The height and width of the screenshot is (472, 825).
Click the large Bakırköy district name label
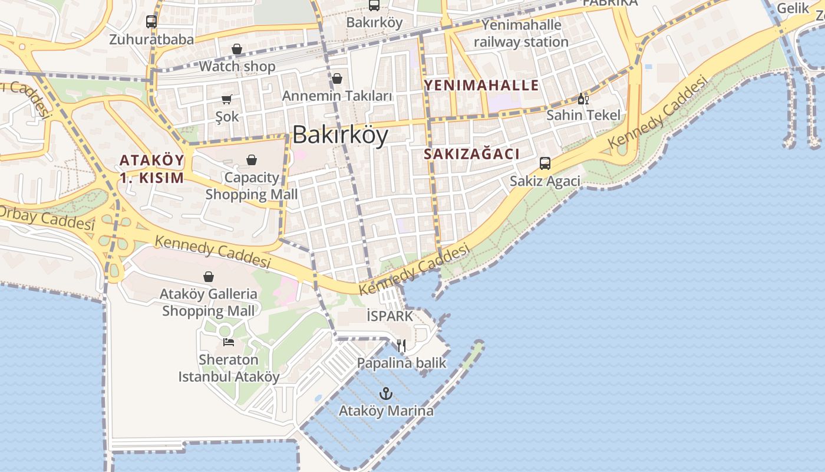340,135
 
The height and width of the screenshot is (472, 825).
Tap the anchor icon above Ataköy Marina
386,393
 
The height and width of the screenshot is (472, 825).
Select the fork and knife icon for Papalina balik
401,345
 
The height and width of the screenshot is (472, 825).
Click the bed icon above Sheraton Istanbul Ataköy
229,342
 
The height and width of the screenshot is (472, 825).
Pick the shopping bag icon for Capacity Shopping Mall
252,160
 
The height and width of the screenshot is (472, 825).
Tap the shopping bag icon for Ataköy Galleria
209,277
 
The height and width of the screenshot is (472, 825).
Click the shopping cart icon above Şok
227,99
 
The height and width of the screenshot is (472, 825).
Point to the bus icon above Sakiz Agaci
545,163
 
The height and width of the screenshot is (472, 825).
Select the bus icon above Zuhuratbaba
151,22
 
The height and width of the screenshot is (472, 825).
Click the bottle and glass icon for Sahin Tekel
583,99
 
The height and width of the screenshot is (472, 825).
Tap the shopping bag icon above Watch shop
237,49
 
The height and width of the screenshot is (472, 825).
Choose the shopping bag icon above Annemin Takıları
337,78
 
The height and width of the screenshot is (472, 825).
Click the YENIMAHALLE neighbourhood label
481,85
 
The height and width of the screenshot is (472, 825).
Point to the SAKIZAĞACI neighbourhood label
471,155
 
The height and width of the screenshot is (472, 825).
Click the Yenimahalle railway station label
521,34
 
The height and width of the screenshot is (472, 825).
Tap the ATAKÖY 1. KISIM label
151,169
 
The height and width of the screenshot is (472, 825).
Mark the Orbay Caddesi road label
47,218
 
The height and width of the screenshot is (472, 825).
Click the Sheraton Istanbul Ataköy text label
229,368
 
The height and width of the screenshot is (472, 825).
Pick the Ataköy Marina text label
386,411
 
